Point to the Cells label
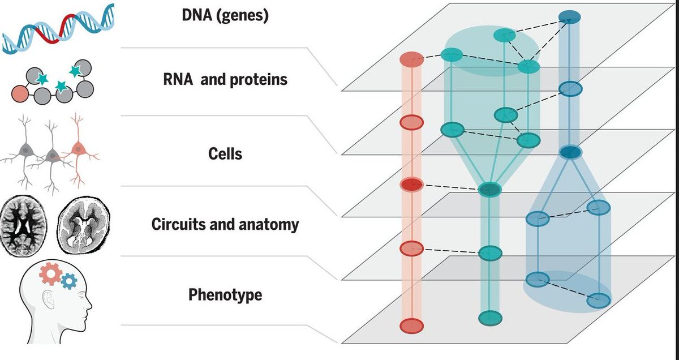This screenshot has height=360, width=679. coord(225,153)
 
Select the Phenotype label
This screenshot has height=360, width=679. coord(225,295)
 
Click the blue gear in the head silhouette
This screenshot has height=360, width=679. coord(68,280)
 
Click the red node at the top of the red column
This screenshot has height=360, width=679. coord(412,58)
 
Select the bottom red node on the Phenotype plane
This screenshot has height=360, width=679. coord(411,325)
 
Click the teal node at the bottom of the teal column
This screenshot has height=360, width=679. coord(490,318)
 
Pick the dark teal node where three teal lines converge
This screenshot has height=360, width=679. coord(489,190)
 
